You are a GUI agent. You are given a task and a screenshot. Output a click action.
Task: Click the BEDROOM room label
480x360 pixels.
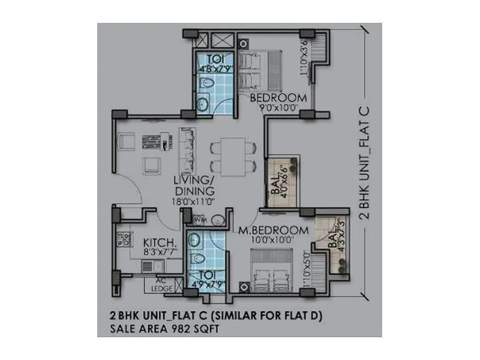click(270, 98)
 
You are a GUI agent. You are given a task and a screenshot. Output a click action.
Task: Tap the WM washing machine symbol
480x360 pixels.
click(199, 220)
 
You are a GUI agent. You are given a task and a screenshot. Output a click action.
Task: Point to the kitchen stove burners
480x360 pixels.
click(125, 241)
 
